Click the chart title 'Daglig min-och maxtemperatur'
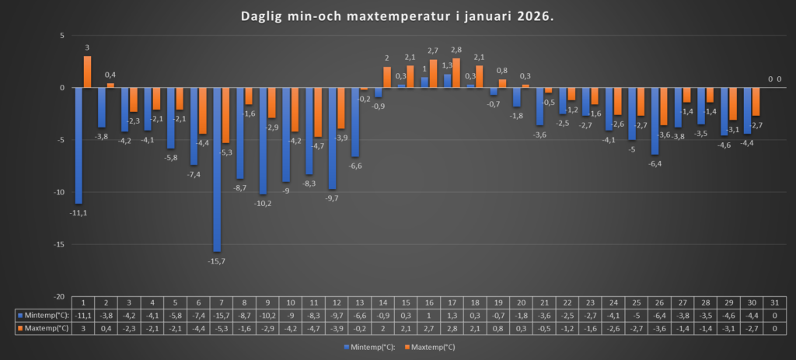point(397,16)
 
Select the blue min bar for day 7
point(217,170)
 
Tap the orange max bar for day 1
point(87,72)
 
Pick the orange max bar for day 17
point(456,73)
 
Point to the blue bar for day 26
point(655,121)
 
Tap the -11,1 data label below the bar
point(79,211)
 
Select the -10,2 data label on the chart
point(263,203)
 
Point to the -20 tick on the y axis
point(58,297)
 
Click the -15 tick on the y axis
point(58,245)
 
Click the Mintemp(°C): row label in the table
point(44,315)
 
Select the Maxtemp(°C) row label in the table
point(44,328)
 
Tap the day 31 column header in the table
point(774,302)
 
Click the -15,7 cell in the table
point(221,315)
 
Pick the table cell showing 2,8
point(452,328)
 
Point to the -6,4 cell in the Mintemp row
point(659,315)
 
